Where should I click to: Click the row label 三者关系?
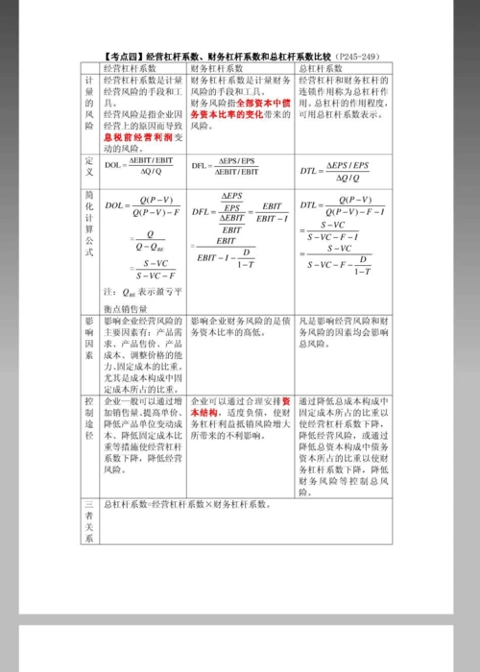tap(88, 520)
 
